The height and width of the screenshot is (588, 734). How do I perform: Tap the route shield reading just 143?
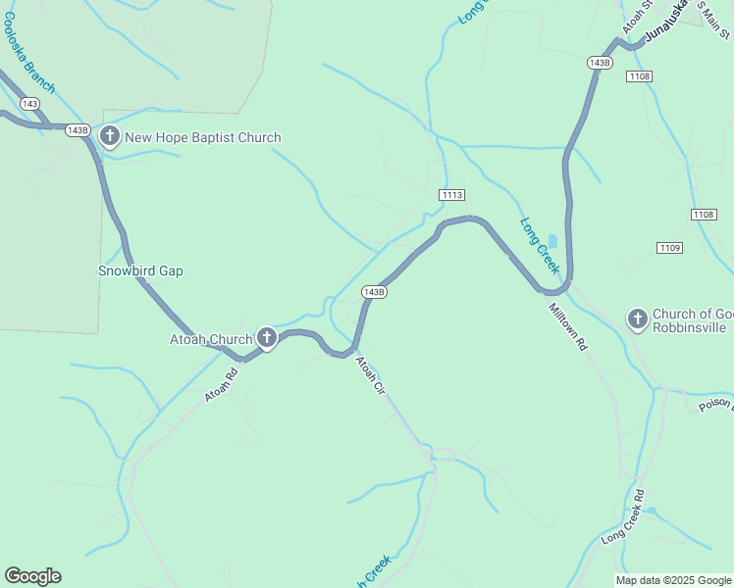[x=29, y=104]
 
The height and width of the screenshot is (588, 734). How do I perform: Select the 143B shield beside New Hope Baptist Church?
[x=79, y=130]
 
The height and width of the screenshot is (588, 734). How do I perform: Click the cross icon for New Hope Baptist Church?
[x=109, y=137]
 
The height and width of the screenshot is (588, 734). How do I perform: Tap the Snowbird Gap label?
[x=140, y=270]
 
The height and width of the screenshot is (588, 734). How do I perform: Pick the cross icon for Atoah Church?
[x=266, y=339]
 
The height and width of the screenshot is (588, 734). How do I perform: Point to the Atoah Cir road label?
[x=370, y=376]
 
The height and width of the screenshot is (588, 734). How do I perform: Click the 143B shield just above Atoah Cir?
[x=373, y=292]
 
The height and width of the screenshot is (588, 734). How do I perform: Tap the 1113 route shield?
[x=451, y=195]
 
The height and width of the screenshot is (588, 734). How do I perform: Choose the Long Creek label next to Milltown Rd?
[x=539, y=245]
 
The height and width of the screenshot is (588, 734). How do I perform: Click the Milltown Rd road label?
[x=567, y=327]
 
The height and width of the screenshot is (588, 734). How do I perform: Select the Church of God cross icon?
[x=637, y=318]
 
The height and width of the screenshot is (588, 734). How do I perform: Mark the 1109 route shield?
[x=670, y=248]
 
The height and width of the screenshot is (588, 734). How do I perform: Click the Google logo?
[x=32, y=576]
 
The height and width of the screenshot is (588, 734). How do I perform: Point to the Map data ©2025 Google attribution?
[x=672, y=580]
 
